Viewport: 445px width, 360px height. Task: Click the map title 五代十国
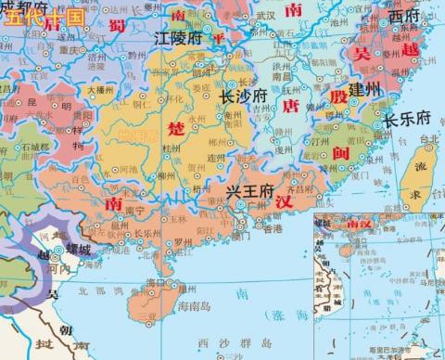click(43, 18)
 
